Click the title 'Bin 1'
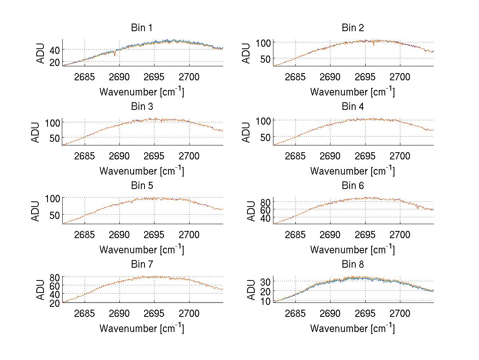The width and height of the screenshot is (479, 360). (142, 28)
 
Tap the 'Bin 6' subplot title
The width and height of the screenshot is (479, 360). (353, 186)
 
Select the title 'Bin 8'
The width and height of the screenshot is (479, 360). (353, 265)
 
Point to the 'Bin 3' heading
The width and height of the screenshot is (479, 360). (142, 107)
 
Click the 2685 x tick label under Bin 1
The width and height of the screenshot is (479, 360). (85, 77)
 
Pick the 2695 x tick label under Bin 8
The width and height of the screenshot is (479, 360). (365, 314)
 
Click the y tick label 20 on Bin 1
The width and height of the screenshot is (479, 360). (54, 62)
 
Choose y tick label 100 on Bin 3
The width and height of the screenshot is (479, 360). (52, 122)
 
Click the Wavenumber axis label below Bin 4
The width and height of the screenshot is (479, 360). (352, 171)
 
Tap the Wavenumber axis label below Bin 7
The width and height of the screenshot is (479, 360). (142, 328)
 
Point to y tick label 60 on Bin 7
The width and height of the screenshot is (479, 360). (54, 285)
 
